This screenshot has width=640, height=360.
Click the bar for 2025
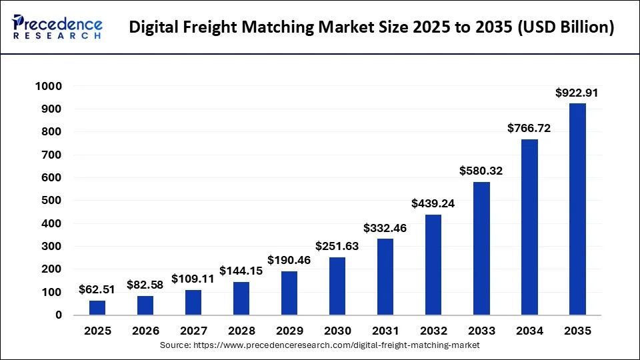coord(97,307)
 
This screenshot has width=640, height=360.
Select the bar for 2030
coord(337,286)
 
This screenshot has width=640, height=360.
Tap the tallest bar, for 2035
coord(577,209)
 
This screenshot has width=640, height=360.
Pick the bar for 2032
coord(433,265)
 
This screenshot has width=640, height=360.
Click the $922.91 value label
coord(577,93)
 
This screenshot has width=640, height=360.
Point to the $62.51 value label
coord(97,290)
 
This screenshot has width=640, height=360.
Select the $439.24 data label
coord(433,204)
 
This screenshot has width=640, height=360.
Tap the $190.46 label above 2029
coord(289,261)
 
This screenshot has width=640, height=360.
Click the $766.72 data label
coord(529,129)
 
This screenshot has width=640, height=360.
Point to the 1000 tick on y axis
coord(49,86)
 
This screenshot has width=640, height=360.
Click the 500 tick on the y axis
coord(52,201)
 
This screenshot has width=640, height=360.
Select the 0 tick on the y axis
coord(58,315)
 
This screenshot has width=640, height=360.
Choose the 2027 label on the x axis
coord(193,331)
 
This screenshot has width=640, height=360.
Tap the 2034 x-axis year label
coord(529,331)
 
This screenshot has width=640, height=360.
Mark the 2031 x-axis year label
coord(385,331)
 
